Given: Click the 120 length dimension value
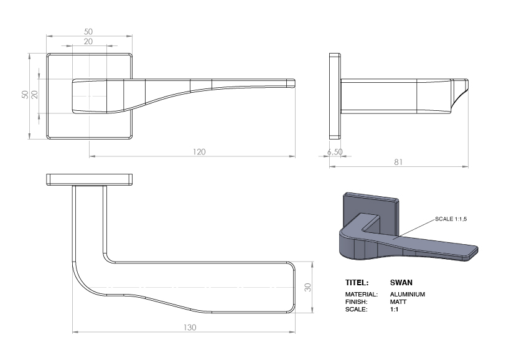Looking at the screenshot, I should (199, 151).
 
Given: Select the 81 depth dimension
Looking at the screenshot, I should (399, 162).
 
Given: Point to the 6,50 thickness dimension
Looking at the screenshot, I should (335, 152).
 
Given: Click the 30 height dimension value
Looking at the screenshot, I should (307, 288).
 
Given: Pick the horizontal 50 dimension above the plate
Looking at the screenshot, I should (88, 31).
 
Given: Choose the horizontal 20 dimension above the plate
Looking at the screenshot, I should (88, 41).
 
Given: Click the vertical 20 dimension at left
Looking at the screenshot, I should (35, 95).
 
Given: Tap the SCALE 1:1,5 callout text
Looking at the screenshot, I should (451, 219).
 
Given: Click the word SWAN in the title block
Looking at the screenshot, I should (401, 283).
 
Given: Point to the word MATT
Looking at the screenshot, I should (398, 301).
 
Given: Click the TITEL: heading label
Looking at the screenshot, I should (357, 283).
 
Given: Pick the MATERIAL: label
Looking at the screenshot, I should (361, 294).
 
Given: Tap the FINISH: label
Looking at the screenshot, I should (357, 301).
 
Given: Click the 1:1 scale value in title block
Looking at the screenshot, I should (394, 309).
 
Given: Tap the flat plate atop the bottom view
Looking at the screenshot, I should (90, 179).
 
